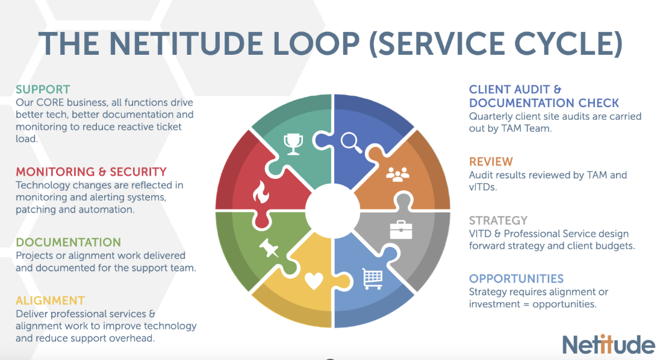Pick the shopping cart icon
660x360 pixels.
click(372, 278)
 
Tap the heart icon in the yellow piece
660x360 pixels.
click(314, 281)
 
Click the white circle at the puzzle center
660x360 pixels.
click(332, 211)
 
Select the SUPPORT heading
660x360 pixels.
click(43, 90)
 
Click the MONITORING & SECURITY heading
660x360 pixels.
click(91, 172)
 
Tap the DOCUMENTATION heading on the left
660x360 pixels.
click(68, 242)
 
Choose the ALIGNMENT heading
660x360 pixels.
click(50, 300)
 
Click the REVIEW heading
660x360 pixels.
click(491, 161)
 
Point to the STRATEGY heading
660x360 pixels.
click(498, 220)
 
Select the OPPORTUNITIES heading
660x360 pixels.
click(516, 279)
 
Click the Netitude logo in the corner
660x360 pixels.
click(608, 344)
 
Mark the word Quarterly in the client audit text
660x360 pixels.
click(491, 116)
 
